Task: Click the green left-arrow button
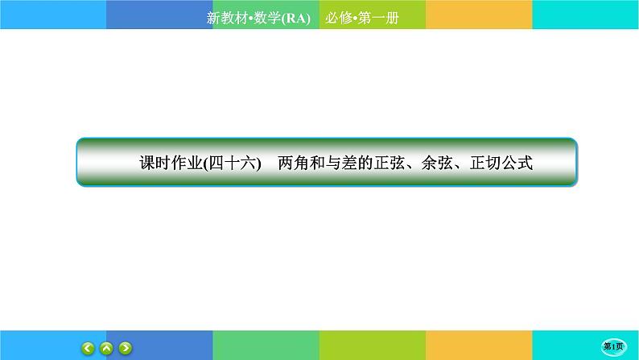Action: tap(88, 348)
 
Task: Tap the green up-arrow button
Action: tap(107, 348)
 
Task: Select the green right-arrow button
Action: tap(126, 348)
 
